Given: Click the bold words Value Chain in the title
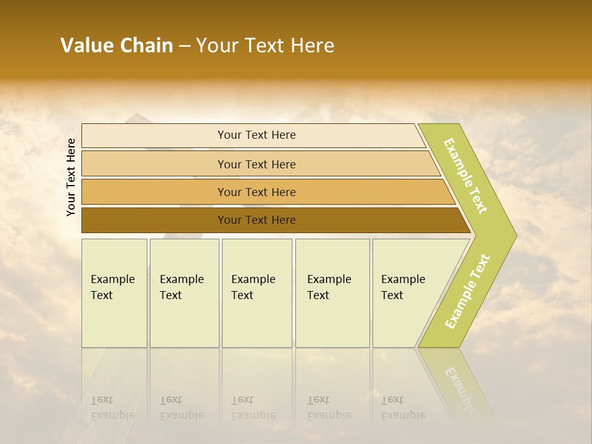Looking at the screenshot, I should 117,46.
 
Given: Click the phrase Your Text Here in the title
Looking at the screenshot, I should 265,46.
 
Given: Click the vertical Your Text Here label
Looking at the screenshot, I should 71,177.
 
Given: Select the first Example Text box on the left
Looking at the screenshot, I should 114,293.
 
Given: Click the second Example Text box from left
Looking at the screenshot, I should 184,293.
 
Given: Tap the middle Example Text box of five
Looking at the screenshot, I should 257,293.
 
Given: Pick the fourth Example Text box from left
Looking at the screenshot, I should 332,293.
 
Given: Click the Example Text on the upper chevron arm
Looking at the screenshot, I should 466,176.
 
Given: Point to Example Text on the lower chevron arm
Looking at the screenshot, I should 467,292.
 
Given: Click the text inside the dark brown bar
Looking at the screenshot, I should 257,220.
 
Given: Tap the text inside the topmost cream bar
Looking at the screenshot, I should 257,135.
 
